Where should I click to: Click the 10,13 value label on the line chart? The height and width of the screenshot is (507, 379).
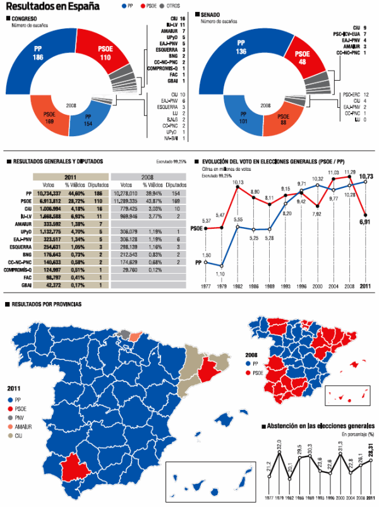click(238, 184)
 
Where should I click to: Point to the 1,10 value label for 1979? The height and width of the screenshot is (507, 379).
click(220, 274)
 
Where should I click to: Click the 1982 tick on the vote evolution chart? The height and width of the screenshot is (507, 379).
click(238, 286)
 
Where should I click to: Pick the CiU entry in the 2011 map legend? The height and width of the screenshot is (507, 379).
click(18, 436)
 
